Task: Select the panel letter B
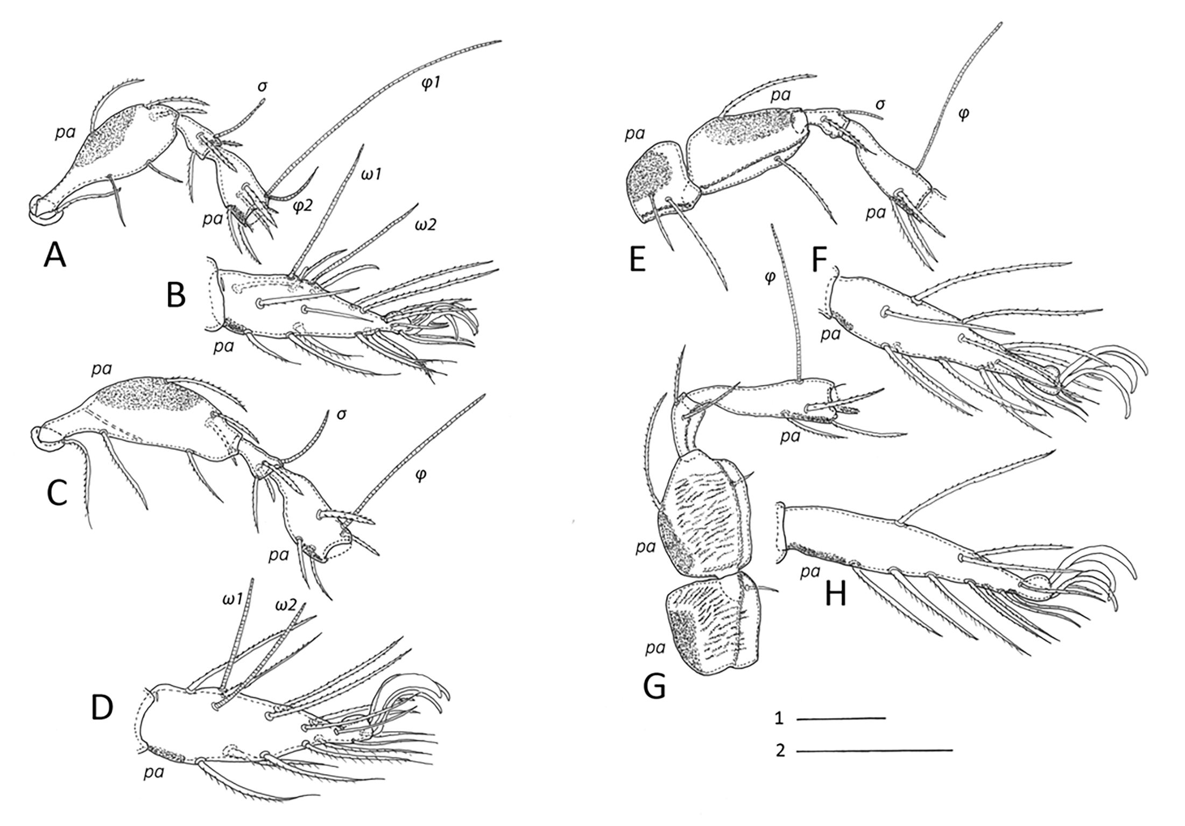pos(177,295)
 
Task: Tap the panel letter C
pos(57,492)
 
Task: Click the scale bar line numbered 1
pos(840,718)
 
